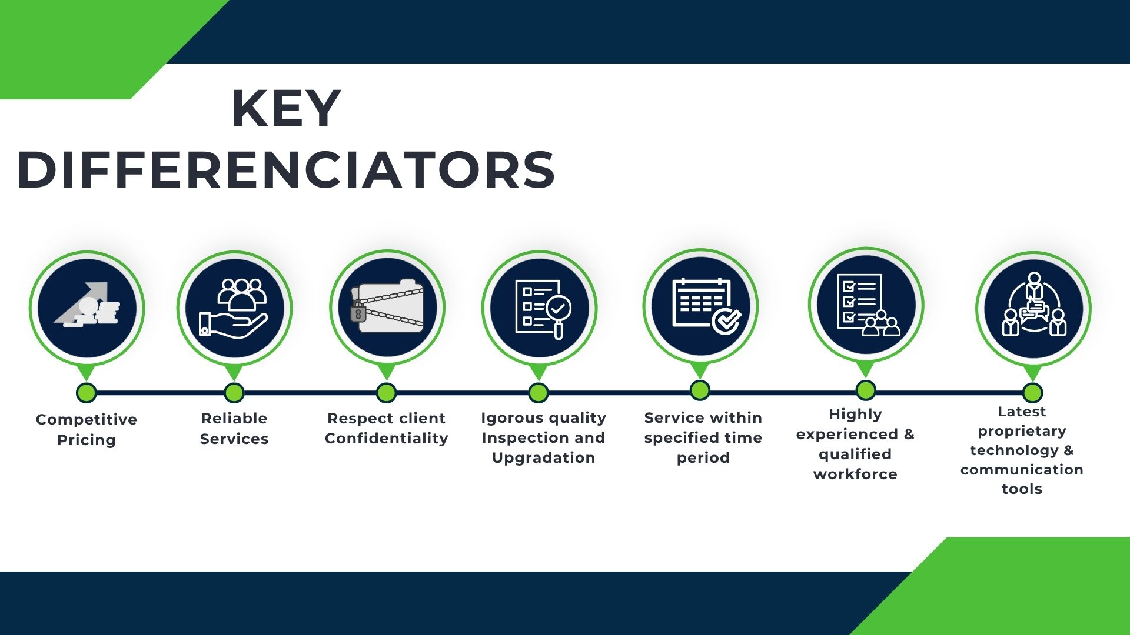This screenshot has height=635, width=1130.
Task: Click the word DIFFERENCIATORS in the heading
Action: tap(287, 169)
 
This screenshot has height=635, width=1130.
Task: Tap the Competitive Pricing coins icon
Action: tap(87, 305)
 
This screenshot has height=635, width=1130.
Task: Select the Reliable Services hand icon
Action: tap(234, 308)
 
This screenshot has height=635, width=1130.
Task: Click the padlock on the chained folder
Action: tap(358, 312)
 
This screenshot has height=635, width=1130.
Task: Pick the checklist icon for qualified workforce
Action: tap(867, 305)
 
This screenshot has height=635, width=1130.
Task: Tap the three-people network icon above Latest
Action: tap(1034, 305)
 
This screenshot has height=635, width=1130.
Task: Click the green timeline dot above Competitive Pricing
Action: tap(87, 393)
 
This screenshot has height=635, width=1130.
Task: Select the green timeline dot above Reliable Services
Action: tap(234, 393)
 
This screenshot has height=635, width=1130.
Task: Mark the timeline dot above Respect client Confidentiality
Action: tap(386, 393)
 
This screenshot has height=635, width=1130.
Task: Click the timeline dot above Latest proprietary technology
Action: tap(1033, 393)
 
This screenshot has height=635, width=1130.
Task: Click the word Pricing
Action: tap(87, 440)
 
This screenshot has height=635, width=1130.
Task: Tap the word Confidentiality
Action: tap(387, 439)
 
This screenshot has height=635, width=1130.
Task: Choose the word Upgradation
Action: tap(543, 458)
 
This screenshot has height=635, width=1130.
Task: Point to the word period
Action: tap(703, 458)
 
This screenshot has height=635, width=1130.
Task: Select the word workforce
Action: tap(855, 474)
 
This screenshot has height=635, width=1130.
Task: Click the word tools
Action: tap(1022, 489)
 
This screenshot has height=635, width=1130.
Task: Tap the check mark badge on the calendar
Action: tap(727, 320)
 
